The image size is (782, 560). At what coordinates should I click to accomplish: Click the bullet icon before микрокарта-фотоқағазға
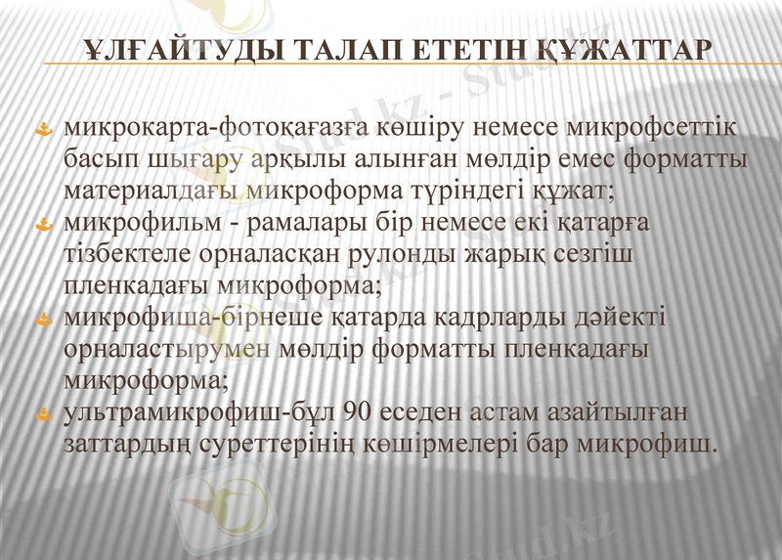44,130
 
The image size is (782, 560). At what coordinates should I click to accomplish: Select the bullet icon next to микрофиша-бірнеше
44,320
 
